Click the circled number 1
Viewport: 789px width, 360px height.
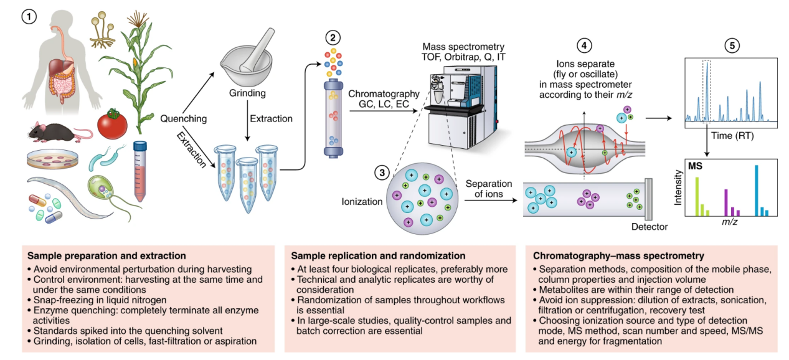[x=28, y=17]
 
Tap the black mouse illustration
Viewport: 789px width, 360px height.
[x=52, y=131]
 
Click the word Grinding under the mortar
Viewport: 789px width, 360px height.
[x=247, y=94]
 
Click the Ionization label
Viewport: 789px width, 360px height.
[x=362, y=202]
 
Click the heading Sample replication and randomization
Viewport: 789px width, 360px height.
[x=378, y=255]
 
